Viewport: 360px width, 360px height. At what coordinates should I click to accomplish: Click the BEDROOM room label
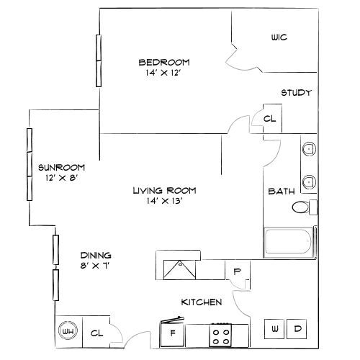coord(163,61)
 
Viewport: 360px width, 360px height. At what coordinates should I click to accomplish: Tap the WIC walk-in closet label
coord(279,37)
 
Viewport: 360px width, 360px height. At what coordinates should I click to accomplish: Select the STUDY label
coord(295,92)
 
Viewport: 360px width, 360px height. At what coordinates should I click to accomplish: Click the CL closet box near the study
coord(270,119)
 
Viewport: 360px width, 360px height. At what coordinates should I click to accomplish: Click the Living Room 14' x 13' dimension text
coord(164,202)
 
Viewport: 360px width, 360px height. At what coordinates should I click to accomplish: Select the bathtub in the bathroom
coord(290,241)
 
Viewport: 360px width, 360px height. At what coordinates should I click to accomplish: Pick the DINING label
coord(95,255)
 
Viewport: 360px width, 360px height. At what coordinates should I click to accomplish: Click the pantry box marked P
coord(237,271)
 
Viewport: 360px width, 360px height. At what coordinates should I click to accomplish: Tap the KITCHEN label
coord(201,302)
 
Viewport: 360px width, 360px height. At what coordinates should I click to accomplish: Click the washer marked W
coord(275,329)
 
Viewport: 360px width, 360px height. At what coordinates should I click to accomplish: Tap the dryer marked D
coord(297,329)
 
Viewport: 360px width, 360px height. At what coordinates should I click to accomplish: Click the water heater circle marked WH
coord(69,331)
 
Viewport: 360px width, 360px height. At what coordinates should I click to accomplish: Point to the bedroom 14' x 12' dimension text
coord(163,73)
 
